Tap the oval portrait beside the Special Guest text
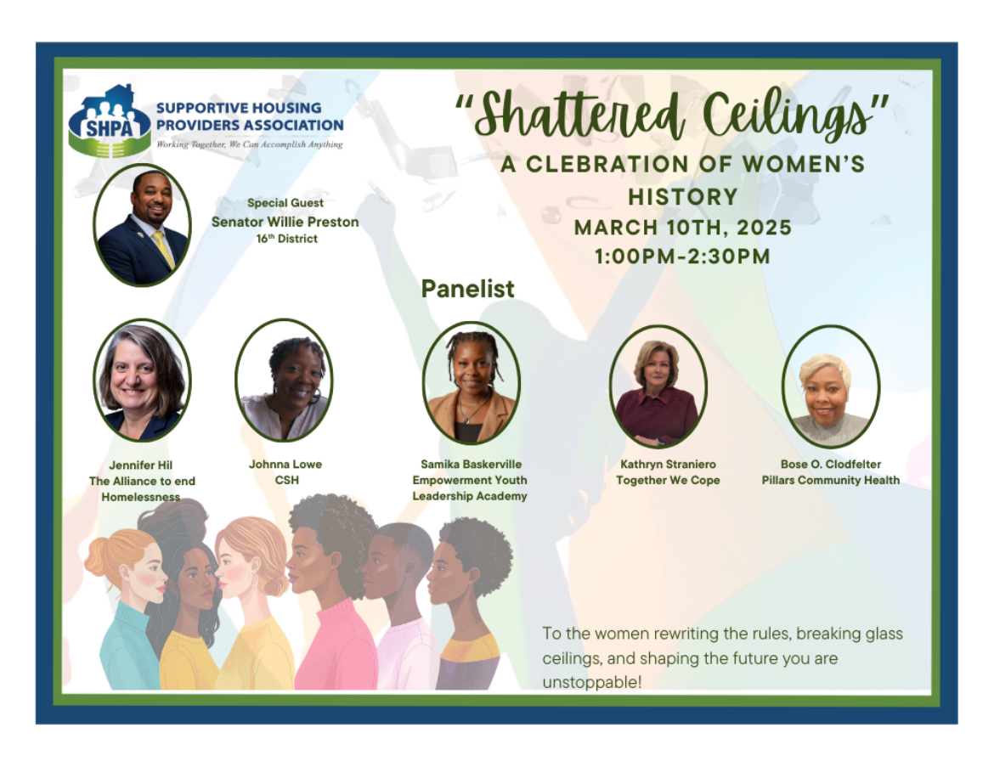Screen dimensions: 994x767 pyautogui.click(x=142, y=225)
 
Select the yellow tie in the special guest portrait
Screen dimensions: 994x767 pyautogui.click(x=164, y=249)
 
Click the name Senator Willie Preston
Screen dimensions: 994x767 pyautogui.click(x=285, y=222)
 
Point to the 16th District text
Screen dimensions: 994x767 pyautogui.click(x=286, y=239)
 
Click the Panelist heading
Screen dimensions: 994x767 pyautogui.click(x=468, y=289)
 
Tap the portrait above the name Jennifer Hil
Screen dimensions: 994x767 pyautogui.click(x=142, y=380)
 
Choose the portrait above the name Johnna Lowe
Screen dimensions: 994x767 pyautogui.click(x=284, y=380)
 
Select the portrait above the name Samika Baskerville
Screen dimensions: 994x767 pyautogui.click(x=471, y=383)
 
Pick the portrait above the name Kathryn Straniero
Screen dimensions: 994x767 pyautogui.click(x=658, y=386)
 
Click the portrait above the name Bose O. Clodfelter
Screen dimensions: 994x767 pyautogui.click(x=831, y=386)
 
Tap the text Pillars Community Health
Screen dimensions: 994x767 pyautogui.click(x=830, y=481)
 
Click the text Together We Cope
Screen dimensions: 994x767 pyautogui.click(x=668, y=481)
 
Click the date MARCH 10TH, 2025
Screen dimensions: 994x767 pyautogui.click(x=683, y=228)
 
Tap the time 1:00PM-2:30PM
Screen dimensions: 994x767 pyautogui.click(x=683, y=257)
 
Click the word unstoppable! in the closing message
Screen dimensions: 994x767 pyautogui.click(x=592, y=683)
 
